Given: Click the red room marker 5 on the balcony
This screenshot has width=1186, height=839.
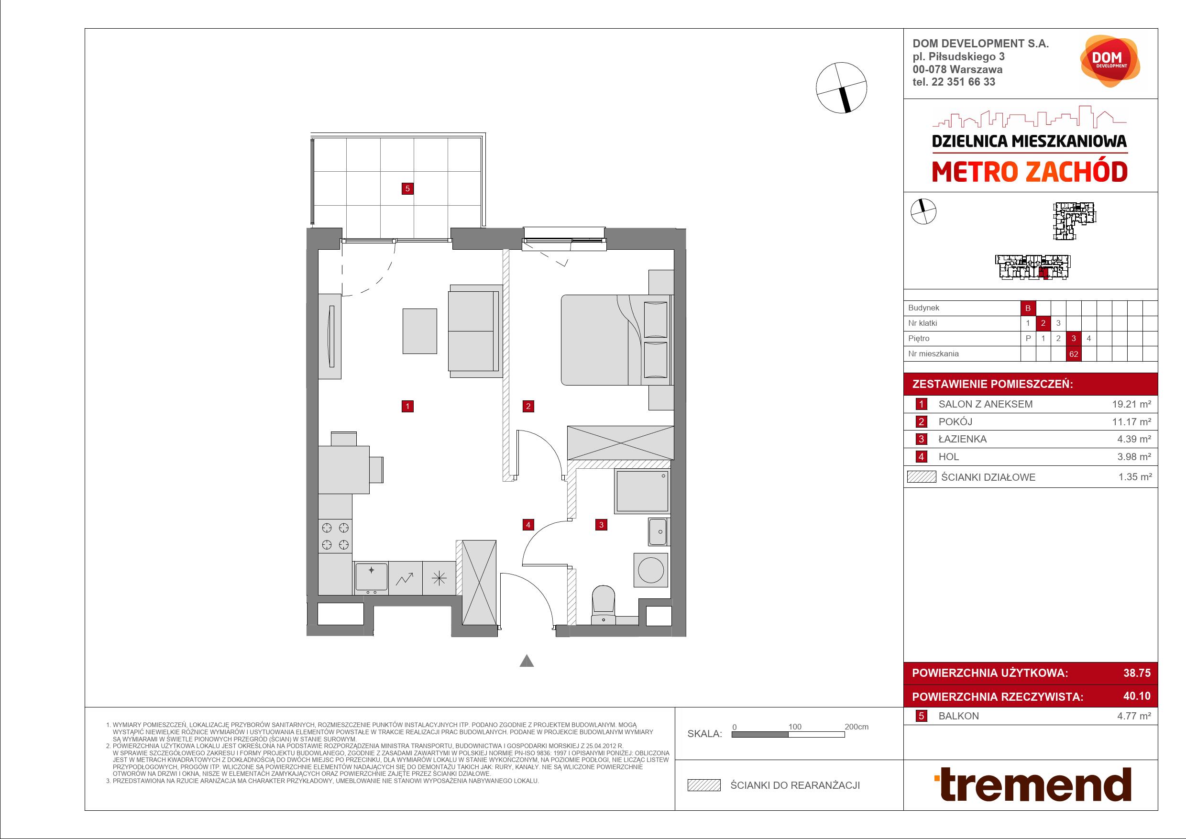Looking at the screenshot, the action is (x=407, y=188).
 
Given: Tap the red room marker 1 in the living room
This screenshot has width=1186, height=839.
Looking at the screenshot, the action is (x=407, y=406).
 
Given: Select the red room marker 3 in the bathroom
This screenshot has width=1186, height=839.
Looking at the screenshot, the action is (x=601, y=525).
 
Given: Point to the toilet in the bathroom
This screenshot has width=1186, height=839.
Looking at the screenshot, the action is (x=603, y=605).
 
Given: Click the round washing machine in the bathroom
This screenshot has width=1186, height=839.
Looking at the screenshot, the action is (x=651, y=570).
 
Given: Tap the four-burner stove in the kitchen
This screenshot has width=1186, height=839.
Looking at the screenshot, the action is (x=335, y=536).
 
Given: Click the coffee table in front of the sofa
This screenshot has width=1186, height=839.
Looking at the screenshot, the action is (x=419, y=331).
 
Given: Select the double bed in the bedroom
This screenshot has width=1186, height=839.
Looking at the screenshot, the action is (x=617, y=340).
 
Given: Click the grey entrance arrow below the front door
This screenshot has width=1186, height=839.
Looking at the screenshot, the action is (x=527, y=661).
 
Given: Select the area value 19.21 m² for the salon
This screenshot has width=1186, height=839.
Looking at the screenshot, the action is (x=1132, y=404).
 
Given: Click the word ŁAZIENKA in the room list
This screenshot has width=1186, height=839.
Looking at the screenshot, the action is (x=962, y=439).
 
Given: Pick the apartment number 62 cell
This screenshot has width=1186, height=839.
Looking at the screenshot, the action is (x=1074, y=354).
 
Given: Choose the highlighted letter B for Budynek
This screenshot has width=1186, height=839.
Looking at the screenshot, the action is (x=1028, y=308).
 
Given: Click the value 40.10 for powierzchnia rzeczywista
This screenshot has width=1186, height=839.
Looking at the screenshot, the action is (x=1137, y=696).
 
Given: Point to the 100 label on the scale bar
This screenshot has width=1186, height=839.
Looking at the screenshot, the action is (x=795, y=727).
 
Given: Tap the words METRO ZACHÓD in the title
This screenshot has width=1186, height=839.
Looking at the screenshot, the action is (x=1030, y=173).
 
